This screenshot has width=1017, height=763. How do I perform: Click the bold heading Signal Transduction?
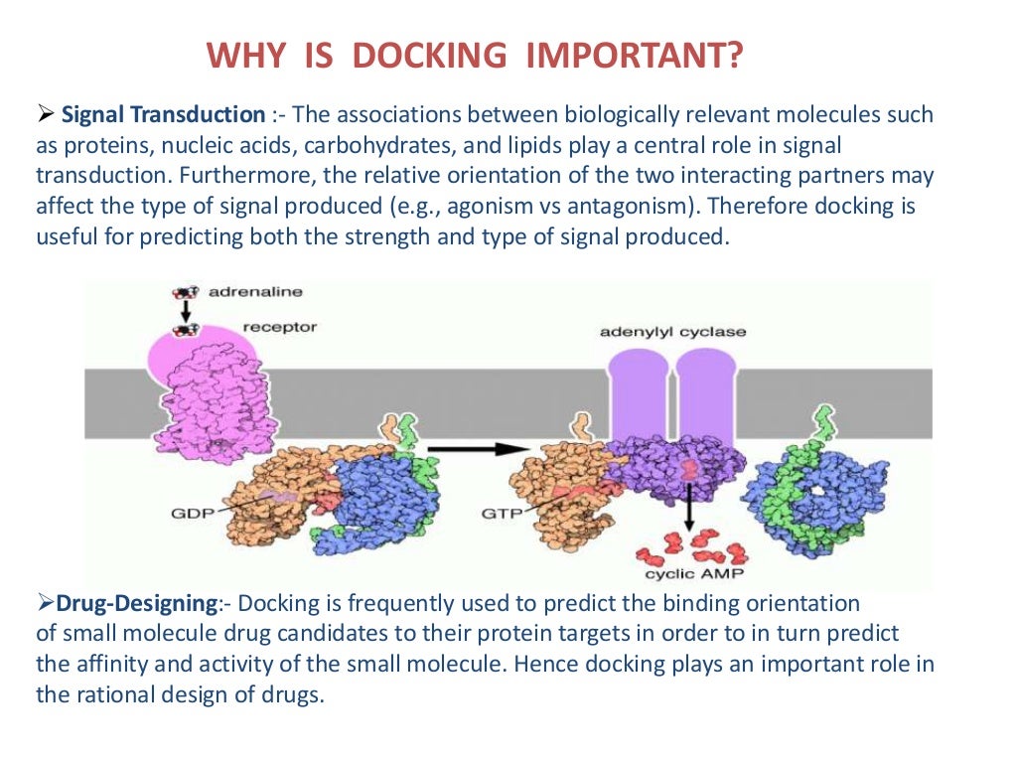(164, 114)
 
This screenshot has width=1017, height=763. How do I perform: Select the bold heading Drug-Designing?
(137, 603)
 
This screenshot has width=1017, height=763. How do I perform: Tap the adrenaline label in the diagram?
(256, 292)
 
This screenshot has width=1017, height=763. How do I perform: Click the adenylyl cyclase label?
(672, 332)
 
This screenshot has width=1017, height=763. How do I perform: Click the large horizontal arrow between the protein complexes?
(484, 448)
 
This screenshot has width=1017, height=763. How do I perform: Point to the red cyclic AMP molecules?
(688, 544)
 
